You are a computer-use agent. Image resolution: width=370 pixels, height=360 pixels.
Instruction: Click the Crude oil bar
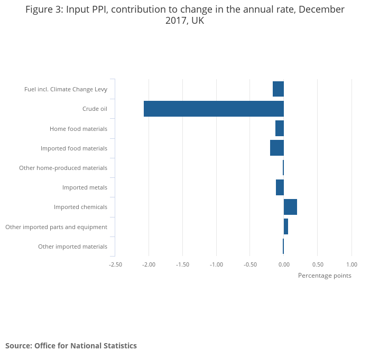(214, 109)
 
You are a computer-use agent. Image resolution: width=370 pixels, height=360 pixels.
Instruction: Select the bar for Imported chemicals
(290, 207)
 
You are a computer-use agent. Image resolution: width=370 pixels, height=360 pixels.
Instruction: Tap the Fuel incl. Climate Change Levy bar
(278, 89)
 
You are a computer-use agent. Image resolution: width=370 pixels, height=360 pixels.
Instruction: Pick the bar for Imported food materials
(277, 148)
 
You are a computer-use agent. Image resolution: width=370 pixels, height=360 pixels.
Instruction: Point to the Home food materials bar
(280, 128)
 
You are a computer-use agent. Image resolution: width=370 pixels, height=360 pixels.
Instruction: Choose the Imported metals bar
(280, 187)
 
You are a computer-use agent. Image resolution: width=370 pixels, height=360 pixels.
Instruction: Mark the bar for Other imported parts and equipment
(286, 226)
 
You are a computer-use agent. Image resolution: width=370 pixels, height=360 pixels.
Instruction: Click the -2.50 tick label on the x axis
(115, 264)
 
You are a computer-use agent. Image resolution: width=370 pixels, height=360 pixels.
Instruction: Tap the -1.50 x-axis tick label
(183, 264)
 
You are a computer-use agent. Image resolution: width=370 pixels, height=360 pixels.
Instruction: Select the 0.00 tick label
(284, 264)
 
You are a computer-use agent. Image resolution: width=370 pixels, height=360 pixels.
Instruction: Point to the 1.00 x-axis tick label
(351, 264)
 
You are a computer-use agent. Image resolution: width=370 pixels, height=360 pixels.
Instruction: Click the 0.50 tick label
(318, 264)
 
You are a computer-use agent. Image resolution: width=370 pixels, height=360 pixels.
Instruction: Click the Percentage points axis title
(325, 276)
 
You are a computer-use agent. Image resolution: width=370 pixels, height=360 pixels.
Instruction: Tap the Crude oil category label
(95, 109)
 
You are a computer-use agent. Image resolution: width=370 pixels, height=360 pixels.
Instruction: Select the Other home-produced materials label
(63, 168)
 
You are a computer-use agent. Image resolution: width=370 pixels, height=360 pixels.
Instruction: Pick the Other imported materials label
(72, 247)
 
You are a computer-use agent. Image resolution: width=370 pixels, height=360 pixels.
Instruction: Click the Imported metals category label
(85, 187)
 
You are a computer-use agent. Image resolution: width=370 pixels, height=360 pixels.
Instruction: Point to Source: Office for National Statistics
(71, 346)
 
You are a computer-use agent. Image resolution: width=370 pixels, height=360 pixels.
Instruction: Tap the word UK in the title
(198, 21)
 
